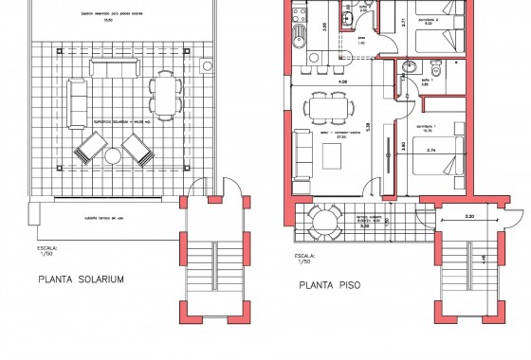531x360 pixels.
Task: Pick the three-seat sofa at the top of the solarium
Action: coord(111,67)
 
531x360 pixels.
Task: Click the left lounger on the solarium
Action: coord(92,150)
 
